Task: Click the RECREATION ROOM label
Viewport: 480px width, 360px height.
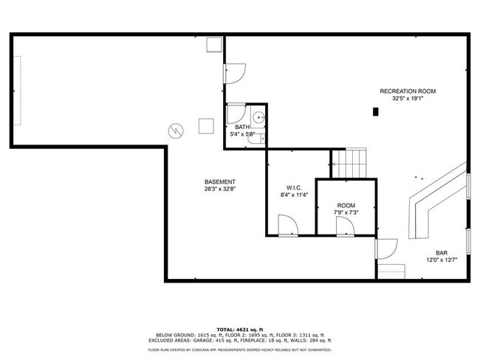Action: coord(408,91)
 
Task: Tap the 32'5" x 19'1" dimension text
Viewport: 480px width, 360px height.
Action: coord(408,98)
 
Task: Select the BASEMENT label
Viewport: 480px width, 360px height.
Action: coord(220,182)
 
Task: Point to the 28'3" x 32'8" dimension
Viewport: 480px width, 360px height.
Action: coord(220,189)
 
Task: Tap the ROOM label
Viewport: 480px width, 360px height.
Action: coord(346,206)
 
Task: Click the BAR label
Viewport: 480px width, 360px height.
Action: coord(442,252)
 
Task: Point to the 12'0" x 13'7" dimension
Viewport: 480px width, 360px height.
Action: coord(442,259)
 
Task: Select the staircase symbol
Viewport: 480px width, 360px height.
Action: coord(349,162)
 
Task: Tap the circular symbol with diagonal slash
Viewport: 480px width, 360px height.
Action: coord(176,130)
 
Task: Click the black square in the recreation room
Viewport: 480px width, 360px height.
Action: coord(376,112)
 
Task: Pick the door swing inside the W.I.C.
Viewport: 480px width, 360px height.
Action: coord(287,223)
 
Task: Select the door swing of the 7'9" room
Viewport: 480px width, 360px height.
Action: coord(346,225)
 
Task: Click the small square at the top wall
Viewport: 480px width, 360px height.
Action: coord(215,46)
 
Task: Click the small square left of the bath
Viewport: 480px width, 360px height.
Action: coord(205,126)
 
